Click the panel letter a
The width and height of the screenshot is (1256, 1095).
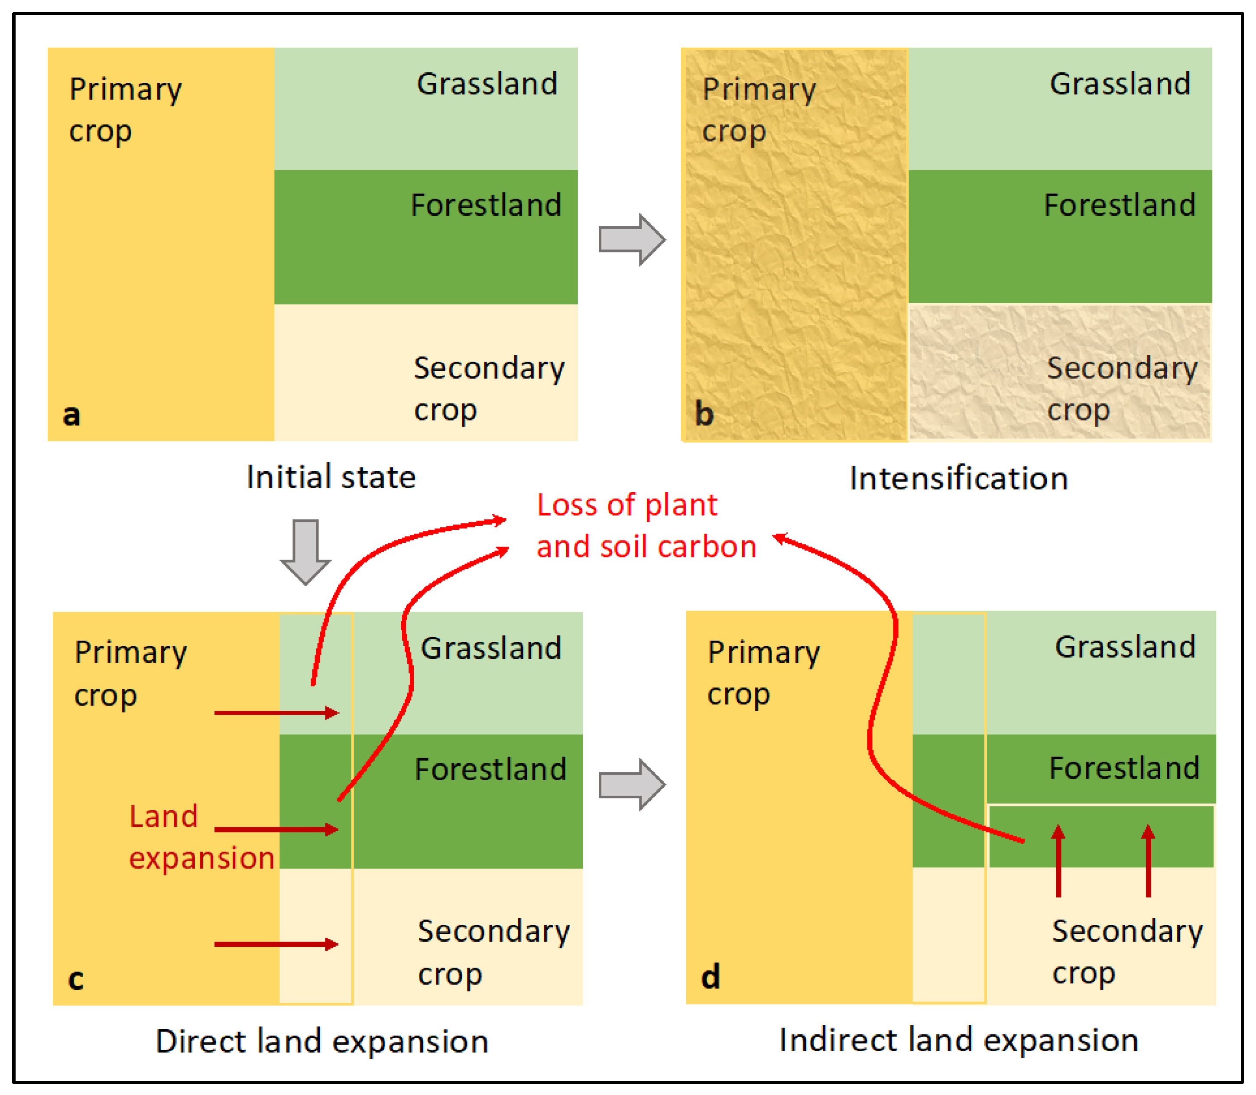(71, 415)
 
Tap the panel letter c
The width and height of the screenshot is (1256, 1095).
(75, 978)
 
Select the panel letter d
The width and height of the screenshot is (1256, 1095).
(710, 976)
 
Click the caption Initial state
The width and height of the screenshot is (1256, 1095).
(331, 477)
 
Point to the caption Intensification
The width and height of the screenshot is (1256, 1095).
(958, 479)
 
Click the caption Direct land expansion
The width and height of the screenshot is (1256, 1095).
(322, 1041)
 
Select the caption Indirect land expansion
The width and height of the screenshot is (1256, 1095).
(958, 1040)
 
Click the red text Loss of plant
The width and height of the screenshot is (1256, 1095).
(626, 505)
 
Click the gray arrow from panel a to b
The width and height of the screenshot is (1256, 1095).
(631, 240)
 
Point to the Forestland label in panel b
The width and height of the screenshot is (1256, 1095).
(1119, 205)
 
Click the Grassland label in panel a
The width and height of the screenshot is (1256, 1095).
(487, 84)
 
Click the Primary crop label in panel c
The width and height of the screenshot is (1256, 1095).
(130, 674)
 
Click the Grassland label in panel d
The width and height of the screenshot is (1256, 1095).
(1125, 647)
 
